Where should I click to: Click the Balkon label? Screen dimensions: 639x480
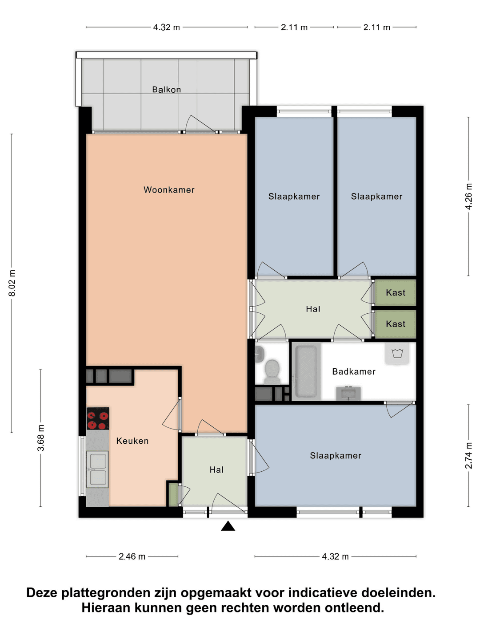pos(167,90)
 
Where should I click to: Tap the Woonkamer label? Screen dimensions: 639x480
pos(169,190)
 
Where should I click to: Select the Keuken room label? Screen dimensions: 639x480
pos(132,441)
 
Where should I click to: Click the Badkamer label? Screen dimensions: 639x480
pos(354,372)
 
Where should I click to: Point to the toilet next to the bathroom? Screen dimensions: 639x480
pos(272,371)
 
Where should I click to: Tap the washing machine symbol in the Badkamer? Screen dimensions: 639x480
pos(397,354)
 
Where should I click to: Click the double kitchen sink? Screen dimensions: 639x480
pos(97,469)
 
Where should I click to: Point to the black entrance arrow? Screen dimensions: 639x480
pos(228,526)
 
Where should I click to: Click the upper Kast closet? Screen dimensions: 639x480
pos(396,293)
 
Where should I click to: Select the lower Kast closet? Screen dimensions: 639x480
pos(396,324)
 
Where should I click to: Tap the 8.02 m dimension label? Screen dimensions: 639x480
pos(12,283)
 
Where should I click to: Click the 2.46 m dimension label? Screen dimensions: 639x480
pos(132,556)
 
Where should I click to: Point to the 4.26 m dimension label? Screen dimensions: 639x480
pos(469,196)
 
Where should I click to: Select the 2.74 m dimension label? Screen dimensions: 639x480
pos(469,455)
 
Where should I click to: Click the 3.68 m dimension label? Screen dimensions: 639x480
pos(41,438)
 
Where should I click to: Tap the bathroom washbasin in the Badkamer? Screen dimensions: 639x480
pos(348,393)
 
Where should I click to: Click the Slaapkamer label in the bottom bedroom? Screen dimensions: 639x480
pos(336,456)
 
